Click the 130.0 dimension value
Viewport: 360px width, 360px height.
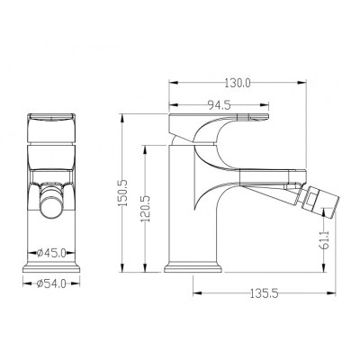(238, 83)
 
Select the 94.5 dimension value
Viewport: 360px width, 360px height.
(219, 104)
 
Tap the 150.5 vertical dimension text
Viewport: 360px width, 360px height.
(123, 193)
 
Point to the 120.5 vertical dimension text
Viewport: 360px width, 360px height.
(147, 209)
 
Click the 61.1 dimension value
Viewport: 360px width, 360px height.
(325, 240)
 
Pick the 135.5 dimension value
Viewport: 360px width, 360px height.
(265, 293)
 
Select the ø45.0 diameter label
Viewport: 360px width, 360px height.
(51, 253)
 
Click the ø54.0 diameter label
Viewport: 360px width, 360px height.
(51, 283)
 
